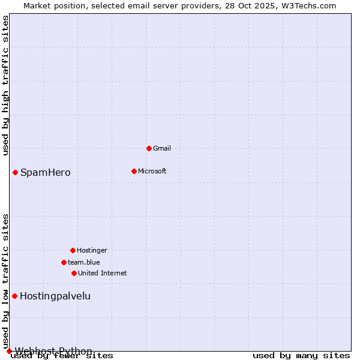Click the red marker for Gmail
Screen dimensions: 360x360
pos(149,148)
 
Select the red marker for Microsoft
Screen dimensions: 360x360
pos(134,171)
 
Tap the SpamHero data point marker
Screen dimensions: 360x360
pos(15,172)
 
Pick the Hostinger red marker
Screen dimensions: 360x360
pos(73,250)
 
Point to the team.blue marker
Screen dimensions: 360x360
pos(64,262)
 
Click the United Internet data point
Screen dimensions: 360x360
pos(74,273)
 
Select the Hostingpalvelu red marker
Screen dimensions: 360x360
pos(14,296)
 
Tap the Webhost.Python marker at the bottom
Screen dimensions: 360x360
pos(9,351)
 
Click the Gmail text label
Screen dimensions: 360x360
pos(162,148)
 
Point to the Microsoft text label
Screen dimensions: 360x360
pos(152,171)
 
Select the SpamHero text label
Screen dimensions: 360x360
pos(45,173)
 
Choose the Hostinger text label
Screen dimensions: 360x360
pos(92,250)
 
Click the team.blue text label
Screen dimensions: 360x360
pos(83,262)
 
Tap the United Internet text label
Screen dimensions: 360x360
pos(102,273)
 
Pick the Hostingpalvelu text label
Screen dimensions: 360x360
pos(55,296)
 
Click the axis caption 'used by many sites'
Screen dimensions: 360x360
pos(301,356)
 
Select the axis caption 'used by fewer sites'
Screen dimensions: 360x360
pos(62,356)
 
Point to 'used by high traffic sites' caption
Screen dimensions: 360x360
pos(5,85)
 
